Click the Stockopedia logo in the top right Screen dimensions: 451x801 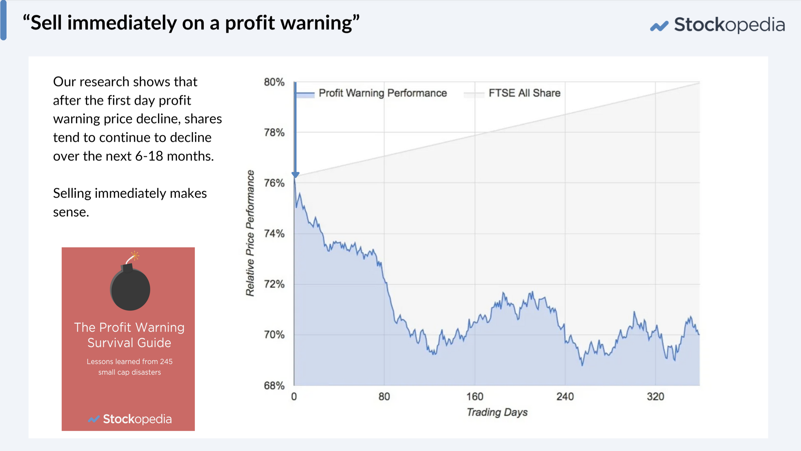click(717, 25)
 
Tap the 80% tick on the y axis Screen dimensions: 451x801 click(274, 82)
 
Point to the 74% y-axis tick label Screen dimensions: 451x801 click(274, 234)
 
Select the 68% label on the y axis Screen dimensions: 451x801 click(274, 386)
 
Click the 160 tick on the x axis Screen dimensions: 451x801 click(475, 397)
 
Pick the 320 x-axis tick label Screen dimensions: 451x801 click(655, 397)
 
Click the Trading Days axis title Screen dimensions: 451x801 click(497, 412)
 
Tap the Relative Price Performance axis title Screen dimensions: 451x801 click(250, 233)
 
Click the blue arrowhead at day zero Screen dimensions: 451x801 click(295, 175)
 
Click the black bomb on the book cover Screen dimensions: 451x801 click(130, 289)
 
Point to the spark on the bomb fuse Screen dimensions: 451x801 click(135, 256)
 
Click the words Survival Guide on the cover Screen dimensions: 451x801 click(129, 343)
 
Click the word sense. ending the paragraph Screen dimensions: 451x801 click(71, 212)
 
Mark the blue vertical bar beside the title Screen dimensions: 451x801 click(3, 20)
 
